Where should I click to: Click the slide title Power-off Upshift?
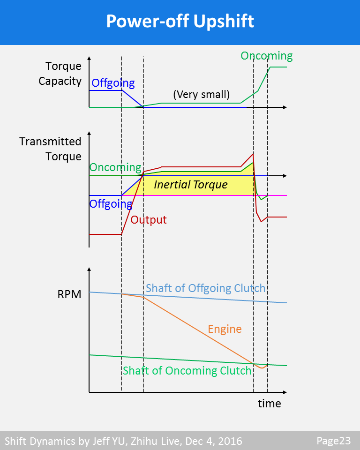coord(180,22)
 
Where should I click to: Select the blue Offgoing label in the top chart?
coord(113,83)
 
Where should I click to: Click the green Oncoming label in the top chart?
coord(266,56)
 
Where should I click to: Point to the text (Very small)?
coord(201,95)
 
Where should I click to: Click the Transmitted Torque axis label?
coord(50,149)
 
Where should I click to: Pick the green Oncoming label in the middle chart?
coord(115,167)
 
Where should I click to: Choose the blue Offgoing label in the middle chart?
coord(111,204)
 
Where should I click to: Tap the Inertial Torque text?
coord(191,185)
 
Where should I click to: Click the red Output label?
coord(149,219)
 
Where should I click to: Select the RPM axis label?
coord(69,295)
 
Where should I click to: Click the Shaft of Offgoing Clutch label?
coord(205,288)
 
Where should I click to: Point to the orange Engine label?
coord(225,329)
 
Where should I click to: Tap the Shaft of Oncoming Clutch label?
coord(187,371)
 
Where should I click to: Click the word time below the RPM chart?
coord(270,403)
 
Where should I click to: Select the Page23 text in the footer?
coord(333,441)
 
